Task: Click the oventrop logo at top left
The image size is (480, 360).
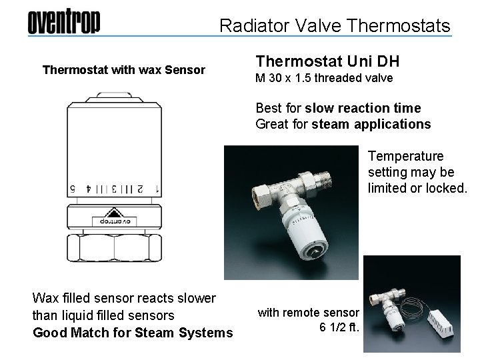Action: [63, 23]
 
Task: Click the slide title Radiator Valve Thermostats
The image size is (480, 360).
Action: [335, 26]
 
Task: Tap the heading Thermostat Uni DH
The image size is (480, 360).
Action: [327, 62]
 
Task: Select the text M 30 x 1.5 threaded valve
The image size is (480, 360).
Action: [325, 79]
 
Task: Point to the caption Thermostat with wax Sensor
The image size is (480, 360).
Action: [124, 69]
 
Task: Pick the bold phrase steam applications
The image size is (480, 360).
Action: [389, 124]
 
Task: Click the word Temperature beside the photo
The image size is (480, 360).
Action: [405, 157]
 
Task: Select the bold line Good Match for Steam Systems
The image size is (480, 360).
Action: [133, 333]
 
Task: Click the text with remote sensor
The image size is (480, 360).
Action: [309, 312]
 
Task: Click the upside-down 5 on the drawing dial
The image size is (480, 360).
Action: [71, 189]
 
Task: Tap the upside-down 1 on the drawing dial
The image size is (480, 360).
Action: [157, 189]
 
